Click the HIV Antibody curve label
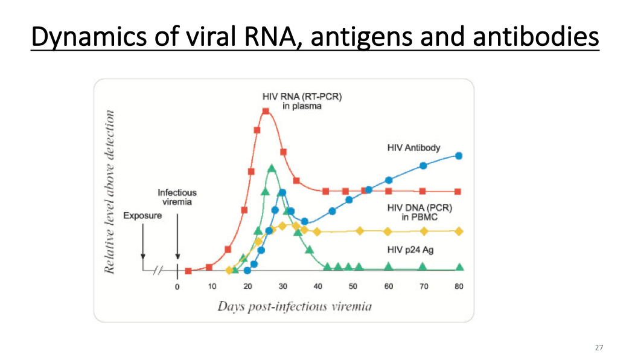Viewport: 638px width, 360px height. click(413, 147)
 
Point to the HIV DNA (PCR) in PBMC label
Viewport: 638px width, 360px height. click(419, 213)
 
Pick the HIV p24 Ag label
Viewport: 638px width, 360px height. click(410, 249)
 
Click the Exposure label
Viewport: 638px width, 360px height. click(142, 216)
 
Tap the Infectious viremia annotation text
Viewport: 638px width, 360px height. click(177, 197)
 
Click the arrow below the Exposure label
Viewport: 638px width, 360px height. click(142, 242)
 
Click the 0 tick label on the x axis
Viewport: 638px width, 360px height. click(177, 286)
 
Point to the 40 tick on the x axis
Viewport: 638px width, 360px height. click(318, 286)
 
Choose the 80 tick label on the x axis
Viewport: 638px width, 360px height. click(459, 286)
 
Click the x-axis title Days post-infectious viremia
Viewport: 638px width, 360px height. click(295, 306)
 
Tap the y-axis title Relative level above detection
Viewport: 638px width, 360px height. click(110, 191)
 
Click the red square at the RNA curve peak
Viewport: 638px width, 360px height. click(266, 111)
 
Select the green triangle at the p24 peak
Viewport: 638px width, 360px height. click(272, 169)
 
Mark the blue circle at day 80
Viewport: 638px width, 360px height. click(459, 155)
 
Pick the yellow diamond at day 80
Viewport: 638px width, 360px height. click(459, 231)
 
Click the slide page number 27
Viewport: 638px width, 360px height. click(599, 347)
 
